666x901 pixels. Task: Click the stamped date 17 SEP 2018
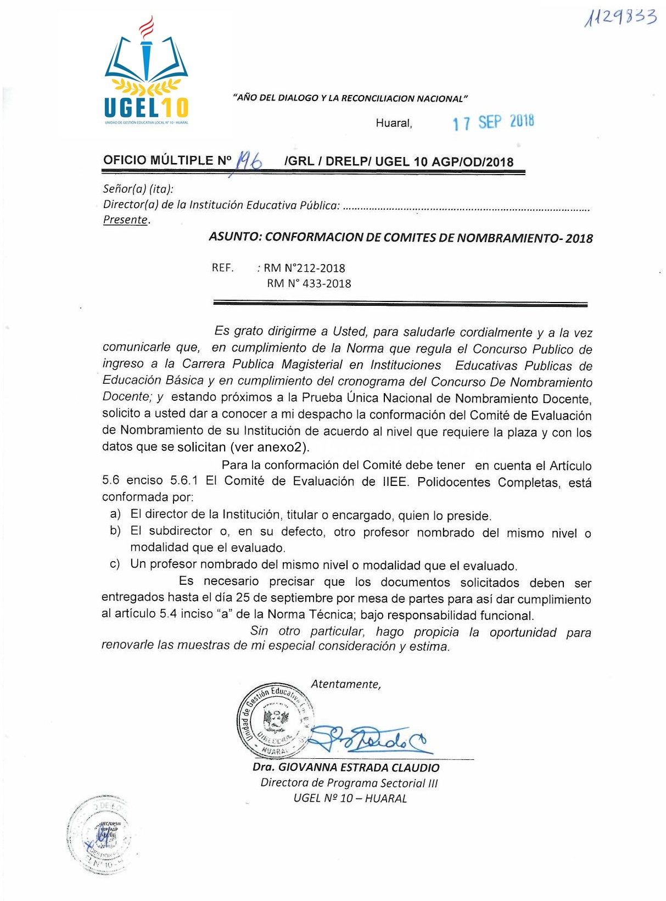tap(493, 122)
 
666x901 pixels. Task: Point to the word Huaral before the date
tap(393, 123)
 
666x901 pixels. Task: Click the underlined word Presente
tap(126, 220)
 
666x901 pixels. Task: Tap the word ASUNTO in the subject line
tap(234, 237)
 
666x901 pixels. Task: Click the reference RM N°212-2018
tap(304, 268)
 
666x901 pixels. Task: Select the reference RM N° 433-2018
tap(309, 283)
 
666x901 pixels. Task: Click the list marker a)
tap(115, 514)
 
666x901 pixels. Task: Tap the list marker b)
tap(115, 531)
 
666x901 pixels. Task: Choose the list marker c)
tap(115, 564)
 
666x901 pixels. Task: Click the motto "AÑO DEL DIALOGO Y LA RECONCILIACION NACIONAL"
tap(350, 99)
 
